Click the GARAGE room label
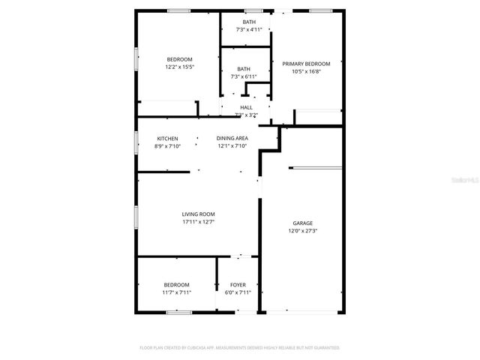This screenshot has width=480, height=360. point(303,223)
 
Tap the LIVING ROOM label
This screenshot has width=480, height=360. point(198,214)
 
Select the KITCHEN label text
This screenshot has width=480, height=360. point(167,139)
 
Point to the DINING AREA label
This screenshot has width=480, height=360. point(232,139)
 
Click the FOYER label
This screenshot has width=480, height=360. point(238,285)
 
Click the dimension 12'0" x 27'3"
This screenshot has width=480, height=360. point(303,231)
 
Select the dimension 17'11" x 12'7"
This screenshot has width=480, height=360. point(198,222)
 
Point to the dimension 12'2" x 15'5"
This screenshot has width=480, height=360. point(180,67)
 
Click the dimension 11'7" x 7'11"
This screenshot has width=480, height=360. point(178,292)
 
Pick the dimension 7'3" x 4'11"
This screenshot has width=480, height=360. point(249,30)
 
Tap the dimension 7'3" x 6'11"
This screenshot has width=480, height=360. point(244,76)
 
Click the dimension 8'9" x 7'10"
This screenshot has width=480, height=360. point(167,146)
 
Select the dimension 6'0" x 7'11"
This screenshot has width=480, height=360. point(238,292)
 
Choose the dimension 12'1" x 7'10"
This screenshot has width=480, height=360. point(232,146)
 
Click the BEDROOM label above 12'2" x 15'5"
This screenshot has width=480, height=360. point(180,60)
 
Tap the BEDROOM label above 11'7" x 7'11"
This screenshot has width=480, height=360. point(178,285)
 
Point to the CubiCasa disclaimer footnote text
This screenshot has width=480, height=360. point(240,348)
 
